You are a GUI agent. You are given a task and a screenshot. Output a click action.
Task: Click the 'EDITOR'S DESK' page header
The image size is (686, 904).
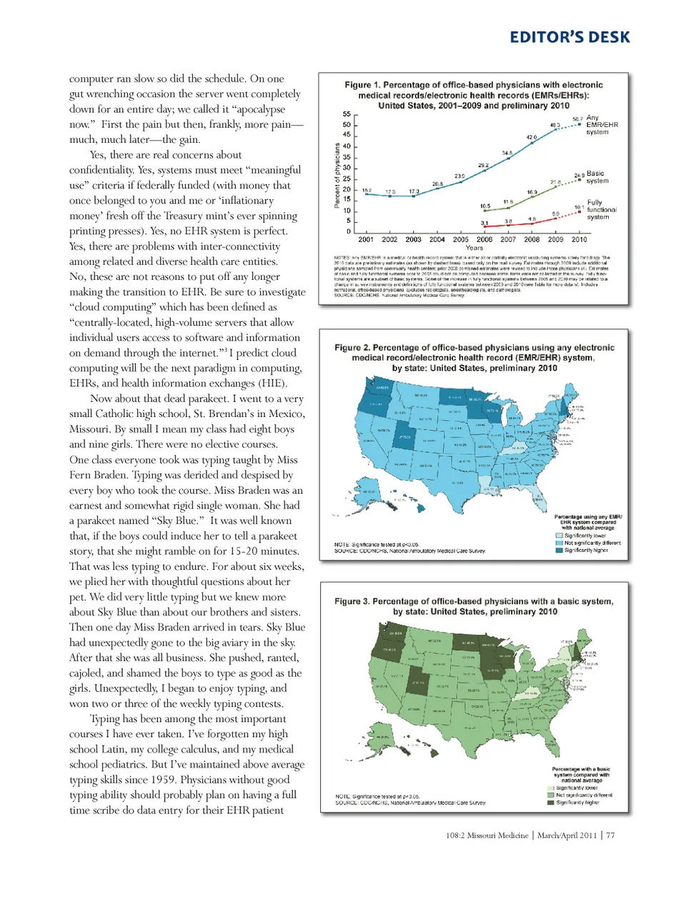[x=570, y=37]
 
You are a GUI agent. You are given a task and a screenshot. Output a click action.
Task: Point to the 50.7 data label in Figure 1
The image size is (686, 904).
[x=577, y=119]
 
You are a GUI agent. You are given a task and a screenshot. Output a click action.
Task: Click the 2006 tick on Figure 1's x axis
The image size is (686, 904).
[x=484, y=240]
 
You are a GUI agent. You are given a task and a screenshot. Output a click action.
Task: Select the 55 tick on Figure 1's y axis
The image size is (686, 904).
[x=347, y=114]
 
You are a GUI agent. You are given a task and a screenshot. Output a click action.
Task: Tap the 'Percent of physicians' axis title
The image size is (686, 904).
[x=337, y=175]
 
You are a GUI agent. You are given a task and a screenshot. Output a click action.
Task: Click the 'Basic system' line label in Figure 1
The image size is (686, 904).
[x=597, y=177]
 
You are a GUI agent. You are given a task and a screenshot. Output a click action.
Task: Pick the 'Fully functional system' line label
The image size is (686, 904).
[x=601, y=210]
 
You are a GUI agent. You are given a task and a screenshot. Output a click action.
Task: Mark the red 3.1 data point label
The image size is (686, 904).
[x=484, y=224]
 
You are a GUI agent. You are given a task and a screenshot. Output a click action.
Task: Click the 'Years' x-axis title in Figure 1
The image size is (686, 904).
[x=474, y=248]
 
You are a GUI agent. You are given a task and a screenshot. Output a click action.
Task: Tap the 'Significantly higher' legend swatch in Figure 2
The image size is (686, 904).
[x=560, y=551]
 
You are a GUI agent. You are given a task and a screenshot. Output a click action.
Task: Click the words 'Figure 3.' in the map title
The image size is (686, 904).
[x=352, y=601]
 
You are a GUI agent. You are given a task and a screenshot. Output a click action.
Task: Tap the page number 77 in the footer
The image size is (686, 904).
[x=610, y=835]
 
